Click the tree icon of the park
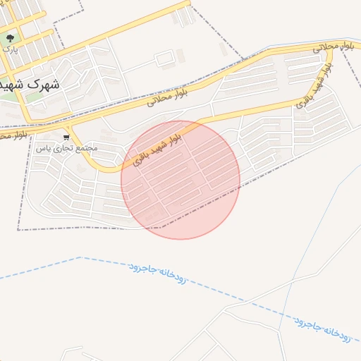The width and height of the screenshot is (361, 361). tap(9, 38)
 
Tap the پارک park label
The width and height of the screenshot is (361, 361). tap(9, 49)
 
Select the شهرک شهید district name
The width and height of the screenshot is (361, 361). tap(30, 83)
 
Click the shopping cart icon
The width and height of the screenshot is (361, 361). tap(66, 137)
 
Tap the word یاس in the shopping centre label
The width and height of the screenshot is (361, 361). tap(43, 149)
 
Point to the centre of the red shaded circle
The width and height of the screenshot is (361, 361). tap(180, 180)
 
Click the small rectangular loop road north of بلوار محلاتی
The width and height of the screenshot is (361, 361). tap(164, 59)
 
